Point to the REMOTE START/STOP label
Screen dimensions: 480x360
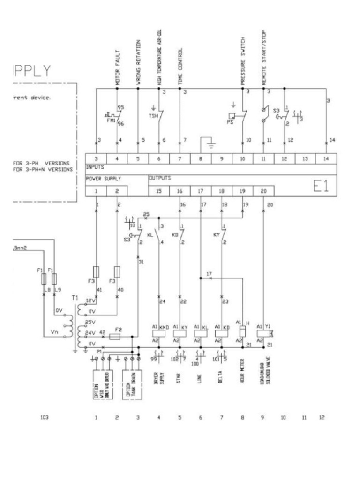pyautogui.click(x=264, y=59)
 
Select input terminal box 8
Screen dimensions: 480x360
pyautogui.click(x=201, y=159)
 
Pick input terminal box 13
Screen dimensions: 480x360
pyautogui.click(x=305, y=159)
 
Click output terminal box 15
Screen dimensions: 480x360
pyautogui.click(x=158, y=191)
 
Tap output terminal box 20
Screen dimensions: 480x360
pyautogui.click(x=263, y=191)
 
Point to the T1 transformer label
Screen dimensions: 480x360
pyautogui.click(x=73, y=298)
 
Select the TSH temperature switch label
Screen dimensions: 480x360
pyautogui.click(x=152, y=116)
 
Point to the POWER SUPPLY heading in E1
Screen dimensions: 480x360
pyautogui.click(x=103, y=179)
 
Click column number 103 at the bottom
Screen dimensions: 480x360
pyautogui.click(x=45, y=417)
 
